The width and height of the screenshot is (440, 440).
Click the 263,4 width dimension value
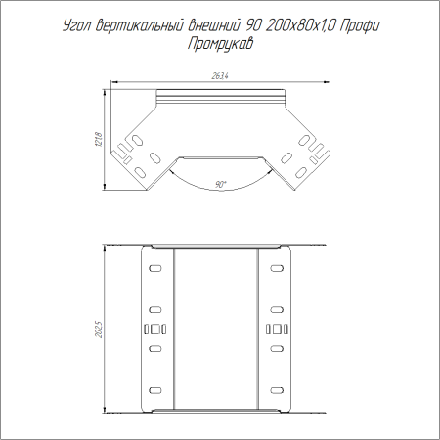[220, 76]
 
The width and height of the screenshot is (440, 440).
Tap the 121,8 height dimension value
[99, 139]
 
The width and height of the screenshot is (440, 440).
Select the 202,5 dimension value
[99, 330]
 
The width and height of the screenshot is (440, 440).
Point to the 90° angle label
[221, 184]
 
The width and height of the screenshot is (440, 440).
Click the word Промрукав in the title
[220, 44]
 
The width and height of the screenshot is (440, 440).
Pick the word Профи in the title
[360, 25]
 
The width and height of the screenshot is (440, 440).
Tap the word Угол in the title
[77, 26]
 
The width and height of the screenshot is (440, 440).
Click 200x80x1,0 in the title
[300, 25]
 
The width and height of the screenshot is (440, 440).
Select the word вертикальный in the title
[140, 25]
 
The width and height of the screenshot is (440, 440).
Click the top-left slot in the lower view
[155, 268]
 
